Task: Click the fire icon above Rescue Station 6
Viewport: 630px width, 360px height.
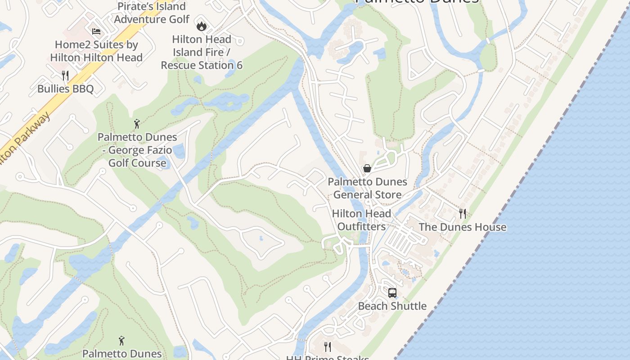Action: (x=201, y=26)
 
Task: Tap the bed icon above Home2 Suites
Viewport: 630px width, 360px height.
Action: (x=96, y=31)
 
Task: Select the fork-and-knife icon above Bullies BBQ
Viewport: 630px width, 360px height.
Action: (x=65, y=75)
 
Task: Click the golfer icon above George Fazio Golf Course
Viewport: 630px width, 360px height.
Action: (x=137, y=124)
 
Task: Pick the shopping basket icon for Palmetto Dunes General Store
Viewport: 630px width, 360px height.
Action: (x=367, y=168)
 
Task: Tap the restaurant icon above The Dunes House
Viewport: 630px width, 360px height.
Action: (x=463, y=213)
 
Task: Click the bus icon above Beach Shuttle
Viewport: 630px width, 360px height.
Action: (x=392, y=293)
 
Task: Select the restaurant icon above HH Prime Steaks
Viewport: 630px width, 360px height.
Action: (x=328, y=346)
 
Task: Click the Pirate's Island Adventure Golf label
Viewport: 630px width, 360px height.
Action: (x=152, y=13)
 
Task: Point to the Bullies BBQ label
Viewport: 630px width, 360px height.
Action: (x=66, y=89)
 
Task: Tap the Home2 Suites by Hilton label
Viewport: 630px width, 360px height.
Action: (x=96, y=51)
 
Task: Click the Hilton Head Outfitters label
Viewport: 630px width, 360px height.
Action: (x=361, y=220)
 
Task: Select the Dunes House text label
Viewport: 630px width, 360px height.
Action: (x=463, y=227)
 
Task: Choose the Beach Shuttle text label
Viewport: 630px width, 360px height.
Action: (x=392, y=306)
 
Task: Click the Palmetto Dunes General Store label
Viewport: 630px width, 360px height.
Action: (x=367, y=188)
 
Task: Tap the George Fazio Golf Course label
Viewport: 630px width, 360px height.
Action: (x=137, y=150)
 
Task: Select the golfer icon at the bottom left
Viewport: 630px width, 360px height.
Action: (x=121, y=340)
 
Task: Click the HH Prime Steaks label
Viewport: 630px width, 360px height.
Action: (x=328, y=358)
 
